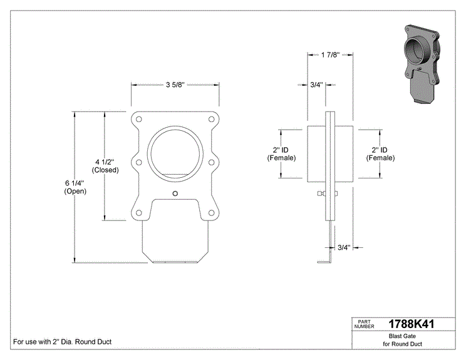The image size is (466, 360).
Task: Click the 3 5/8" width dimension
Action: coord(175,85)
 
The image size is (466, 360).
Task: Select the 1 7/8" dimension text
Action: coord(330,55)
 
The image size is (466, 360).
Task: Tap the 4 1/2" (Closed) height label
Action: coord(105,166)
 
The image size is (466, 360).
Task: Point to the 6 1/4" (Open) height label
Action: coord(75,187)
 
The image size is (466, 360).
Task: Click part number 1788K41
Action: coord(412,324)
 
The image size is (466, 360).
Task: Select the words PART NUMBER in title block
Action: coord(365,324)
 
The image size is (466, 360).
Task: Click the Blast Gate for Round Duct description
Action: coord(402,340)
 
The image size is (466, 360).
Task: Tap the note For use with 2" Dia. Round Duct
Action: coord(63,342)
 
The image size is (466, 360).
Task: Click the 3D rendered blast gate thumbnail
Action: coord(422,64)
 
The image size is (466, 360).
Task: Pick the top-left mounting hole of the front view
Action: coord(138,120)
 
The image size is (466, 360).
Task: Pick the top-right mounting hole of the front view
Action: coord(211,120)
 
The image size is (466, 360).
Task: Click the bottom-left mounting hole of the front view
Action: coord(138,213)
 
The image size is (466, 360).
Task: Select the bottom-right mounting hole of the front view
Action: coord(211,213)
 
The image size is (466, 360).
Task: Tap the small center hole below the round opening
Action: coord(175,193)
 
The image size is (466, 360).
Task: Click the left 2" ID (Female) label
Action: coord(281,154)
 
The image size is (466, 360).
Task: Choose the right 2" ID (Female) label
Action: coord(380,154)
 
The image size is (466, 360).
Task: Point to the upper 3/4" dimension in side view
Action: coord(316,85)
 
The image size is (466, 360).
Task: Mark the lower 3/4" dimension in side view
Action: coord(344,247)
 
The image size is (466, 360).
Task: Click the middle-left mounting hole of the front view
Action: coord(138,163)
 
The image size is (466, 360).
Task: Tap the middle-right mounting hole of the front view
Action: coord(211,163)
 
